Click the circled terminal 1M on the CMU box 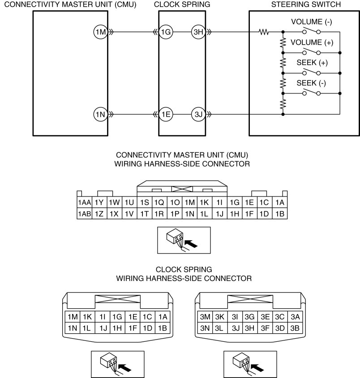(101, 32)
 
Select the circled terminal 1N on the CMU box (101, 114)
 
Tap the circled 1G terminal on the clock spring (166, 32)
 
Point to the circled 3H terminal (198, 32)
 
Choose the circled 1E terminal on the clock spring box (166, 114)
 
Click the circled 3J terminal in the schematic (198, 114)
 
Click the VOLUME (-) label (312, 22)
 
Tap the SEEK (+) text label (312, 63)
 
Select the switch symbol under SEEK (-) (312, 92)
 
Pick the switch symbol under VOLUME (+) (312, 51)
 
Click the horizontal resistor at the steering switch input (264, 32)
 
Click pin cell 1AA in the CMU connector (84, 203)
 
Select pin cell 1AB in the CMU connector (84, 213)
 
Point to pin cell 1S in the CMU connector (145, 203)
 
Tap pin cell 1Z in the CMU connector (99, 213)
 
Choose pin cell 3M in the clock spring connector (205, 317)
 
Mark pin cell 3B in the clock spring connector (295, 328)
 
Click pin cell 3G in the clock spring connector (250, 317)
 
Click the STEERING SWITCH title (306, 4)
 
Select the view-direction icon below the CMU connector (184, 240)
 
